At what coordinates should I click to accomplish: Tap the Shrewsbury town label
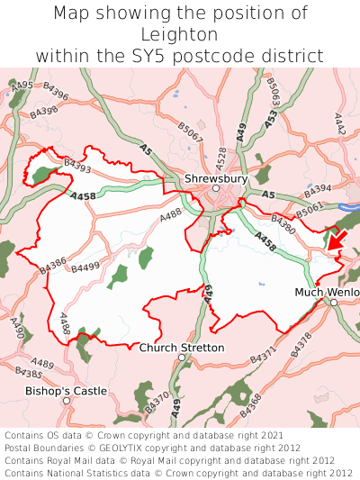(216, 179)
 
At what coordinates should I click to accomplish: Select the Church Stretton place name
(182, 348)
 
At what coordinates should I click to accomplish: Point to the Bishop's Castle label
(66, 391)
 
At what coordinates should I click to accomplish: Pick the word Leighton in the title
(180, 34)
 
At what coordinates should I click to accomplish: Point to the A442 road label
(339, 124)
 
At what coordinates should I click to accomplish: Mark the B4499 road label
(85, 267)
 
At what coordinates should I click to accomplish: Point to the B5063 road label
(273, 91)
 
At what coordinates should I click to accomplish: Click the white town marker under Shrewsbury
(216, 188)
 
